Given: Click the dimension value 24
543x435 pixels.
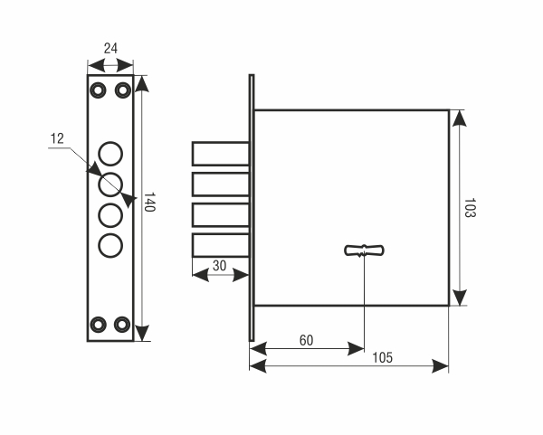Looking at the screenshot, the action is [x=110, y=49].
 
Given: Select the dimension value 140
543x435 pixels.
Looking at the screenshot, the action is [x=149, y=202].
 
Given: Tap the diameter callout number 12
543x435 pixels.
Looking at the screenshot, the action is [x=57, y=138].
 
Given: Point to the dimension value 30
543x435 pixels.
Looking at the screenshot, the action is [x=220, y=266].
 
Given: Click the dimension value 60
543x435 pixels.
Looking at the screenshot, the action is [x=306, y=341].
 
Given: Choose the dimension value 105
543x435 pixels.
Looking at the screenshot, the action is [x=382, y=358].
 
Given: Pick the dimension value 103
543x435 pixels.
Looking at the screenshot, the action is [x=470, y=208].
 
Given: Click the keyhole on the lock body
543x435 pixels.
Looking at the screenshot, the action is [x=364, y=251].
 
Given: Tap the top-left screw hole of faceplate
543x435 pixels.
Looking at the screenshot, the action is [x=98, y=90].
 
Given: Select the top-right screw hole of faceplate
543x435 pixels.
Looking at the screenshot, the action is [x=122, y=90].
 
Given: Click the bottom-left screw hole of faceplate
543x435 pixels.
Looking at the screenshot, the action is [x=98, y=325].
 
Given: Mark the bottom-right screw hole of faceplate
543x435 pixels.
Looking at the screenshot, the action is [x=122, y=325].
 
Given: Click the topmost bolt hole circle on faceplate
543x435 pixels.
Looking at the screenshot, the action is [x=110, y=154].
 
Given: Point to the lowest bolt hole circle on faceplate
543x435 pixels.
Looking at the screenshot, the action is [x=110, y=246].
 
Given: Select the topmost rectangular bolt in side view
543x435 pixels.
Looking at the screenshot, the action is [x=221, y=154].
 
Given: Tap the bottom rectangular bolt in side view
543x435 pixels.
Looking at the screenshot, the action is [x=221, y=245].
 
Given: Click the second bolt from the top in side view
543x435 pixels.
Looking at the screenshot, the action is [x=221, y=184].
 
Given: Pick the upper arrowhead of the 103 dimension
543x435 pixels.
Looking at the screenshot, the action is [x=459, y=118].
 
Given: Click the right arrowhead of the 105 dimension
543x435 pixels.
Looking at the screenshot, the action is [x=441, y=366].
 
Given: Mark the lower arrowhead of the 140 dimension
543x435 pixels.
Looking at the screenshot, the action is [x=142, y=333].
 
